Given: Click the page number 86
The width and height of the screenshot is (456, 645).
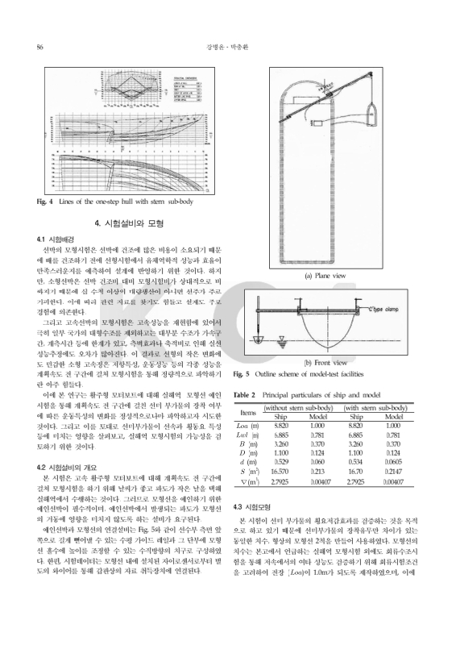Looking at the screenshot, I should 39,48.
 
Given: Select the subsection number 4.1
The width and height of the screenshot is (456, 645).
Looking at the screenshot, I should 44,239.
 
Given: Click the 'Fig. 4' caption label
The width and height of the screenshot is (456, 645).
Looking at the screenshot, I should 44,202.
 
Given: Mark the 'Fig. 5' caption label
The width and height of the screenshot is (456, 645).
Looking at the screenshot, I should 241,375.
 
